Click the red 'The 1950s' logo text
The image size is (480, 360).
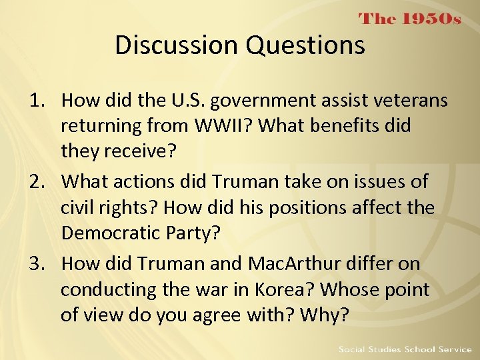pos(410,19)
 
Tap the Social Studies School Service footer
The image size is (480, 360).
pos(405,349)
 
